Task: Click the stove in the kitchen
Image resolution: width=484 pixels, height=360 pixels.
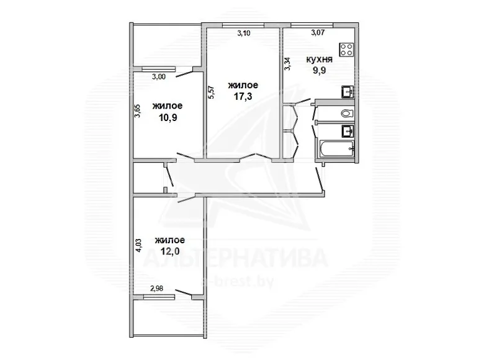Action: (x=347, y=50)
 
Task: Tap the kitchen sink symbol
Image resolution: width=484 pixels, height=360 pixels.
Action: (x=347, y=92)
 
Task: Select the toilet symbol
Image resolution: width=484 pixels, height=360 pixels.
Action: (x=347, y=114)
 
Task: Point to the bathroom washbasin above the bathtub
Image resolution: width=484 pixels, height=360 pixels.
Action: (x=348, y=131)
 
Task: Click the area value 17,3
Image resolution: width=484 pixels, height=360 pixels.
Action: (x=243, y=97)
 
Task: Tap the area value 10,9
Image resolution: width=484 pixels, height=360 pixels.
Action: (x=168, y=118)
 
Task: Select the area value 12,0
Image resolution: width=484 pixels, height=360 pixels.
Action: (x=170, y=251)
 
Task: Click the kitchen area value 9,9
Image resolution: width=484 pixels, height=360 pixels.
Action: (x=320, y=71)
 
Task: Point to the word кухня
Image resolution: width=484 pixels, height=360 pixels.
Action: (x=320, y=60)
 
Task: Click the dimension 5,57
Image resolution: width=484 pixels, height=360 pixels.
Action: (x=212, y=92)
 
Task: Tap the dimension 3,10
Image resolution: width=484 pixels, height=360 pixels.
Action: (x=243, y=34)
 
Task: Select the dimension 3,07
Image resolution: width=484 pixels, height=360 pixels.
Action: (x=318, y=32)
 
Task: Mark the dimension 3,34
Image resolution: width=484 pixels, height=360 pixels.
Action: (x=287, y=64)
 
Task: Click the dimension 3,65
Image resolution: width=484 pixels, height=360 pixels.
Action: (x=137, y=111)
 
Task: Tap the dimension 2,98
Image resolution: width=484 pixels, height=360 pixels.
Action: (x=157, y=289)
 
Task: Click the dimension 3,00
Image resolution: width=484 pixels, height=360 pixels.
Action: (x=159, y=77)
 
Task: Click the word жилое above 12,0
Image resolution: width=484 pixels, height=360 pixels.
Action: (x=170, y=240)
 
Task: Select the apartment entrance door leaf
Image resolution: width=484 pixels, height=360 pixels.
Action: (x=320, y=178)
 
